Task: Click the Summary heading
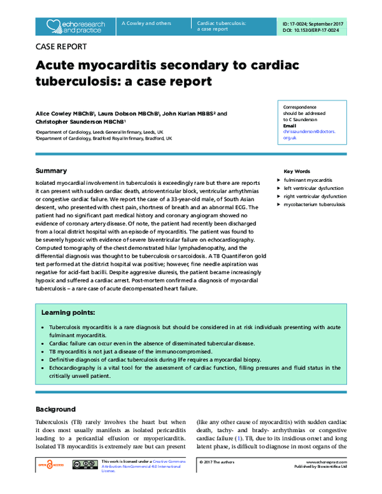click(x=51, y=171)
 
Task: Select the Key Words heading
click(x=297, y=171)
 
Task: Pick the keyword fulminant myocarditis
click(x=309, y=180)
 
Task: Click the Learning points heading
click(x=69, y=313)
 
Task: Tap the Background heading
click(x=56, y=409)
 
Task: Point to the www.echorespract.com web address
click(x=330, y=461)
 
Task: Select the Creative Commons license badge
click(x=84, y=466)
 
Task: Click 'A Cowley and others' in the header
click(x=146, y=24)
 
